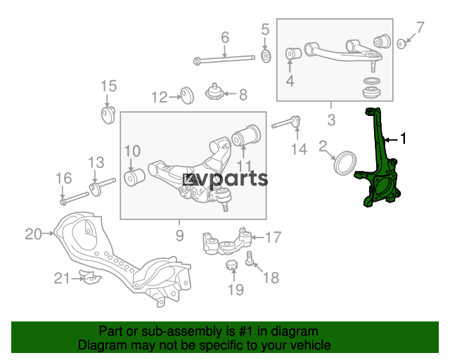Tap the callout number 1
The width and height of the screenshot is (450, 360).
pos(403,139)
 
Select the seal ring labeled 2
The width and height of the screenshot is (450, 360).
pos(345,163)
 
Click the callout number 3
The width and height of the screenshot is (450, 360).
pos(331,120)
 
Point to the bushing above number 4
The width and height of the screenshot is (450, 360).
pos(293,53)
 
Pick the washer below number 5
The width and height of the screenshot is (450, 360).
pos(266,56)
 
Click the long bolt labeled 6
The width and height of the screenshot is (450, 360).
pos(224,60)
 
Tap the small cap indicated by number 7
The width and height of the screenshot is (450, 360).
pos(401,44)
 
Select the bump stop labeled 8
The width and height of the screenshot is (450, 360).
pos(214,92)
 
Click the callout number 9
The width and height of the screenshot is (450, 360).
pos(179,236)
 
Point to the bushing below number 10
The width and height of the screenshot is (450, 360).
pos(134,177)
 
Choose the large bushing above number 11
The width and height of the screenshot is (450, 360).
pos(246,135)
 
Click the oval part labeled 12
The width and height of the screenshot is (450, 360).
pos(187,96)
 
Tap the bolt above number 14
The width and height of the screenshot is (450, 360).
pos(286,122)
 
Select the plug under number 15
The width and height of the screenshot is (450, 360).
pos(108,115)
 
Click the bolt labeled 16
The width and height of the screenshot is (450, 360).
pos(74,198)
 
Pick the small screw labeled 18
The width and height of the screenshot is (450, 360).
pos(249,258)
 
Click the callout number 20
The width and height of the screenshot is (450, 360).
pos(33,234)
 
